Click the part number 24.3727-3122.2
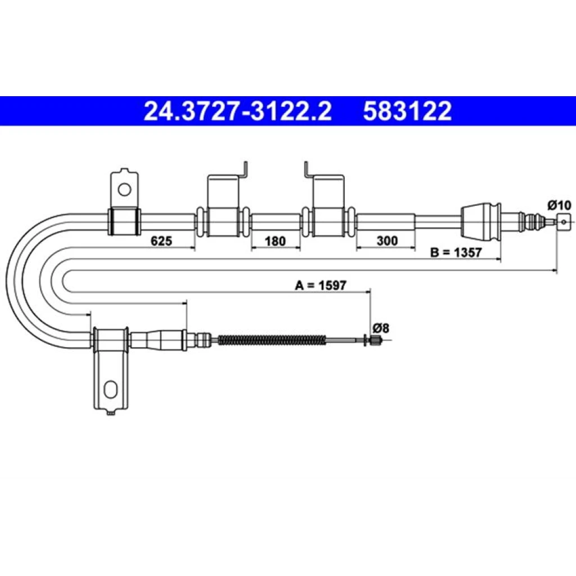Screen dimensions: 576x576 237,111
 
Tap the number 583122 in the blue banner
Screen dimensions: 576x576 407,111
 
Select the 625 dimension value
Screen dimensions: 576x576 161,241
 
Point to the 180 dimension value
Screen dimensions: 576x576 275,241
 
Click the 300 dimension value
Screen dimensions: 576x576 387,241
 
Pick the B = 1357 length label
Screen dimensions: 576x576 456,253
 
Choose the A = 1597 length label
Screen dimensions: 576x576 321,285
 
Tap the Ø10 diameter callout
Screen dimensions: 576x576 560,205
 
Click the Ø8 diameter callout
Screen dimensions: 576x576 381,328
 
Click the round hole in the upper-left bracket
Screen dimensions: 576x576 124,190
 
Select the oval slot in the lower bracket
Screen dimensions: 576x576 110,390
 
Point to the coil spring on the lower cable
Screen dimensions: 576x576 272,340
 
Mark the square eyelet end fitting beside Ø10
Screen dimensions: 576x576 564,222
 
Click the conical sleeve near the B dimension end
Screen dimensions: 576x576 480,222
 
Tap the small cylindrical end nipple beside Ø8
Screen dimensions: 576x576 375,340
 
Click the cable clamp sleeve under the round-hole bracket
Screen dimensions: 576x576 124,222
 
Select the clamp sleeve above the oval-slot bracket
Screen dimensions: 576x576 111,340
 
